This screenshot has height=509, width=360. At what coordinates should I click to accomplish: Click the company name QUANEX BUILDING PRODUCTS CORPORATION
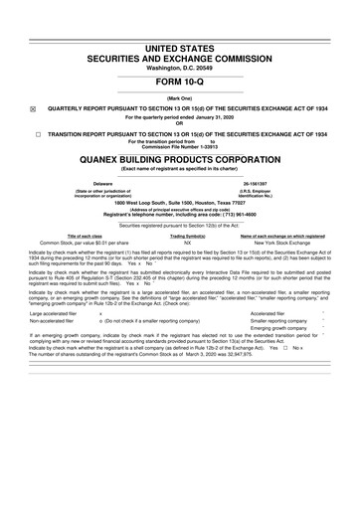(x=180, y=157)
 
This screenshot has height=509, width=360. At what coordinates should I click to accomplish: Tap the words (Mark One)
(x=180, y=98)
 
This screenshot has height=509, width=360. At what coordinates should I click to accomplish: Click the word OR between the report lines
(x=180, y=123)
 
